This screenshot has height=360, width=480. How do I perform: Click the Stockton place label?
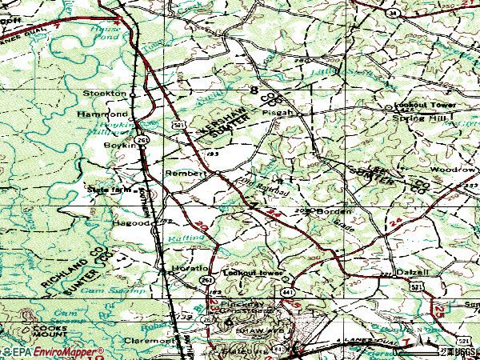(106, 94)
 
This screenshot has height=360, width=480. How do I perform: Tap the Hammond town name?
(102, 115)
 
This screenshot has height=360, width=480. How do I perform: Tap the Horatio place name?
(191, 268)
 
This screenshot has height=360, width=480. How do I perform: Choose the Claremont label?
(150, 339)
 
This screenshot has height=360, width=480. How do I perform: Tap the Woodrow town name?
(453, 170)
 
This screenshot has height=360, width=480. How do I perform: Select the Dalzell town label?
(413, 272)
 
